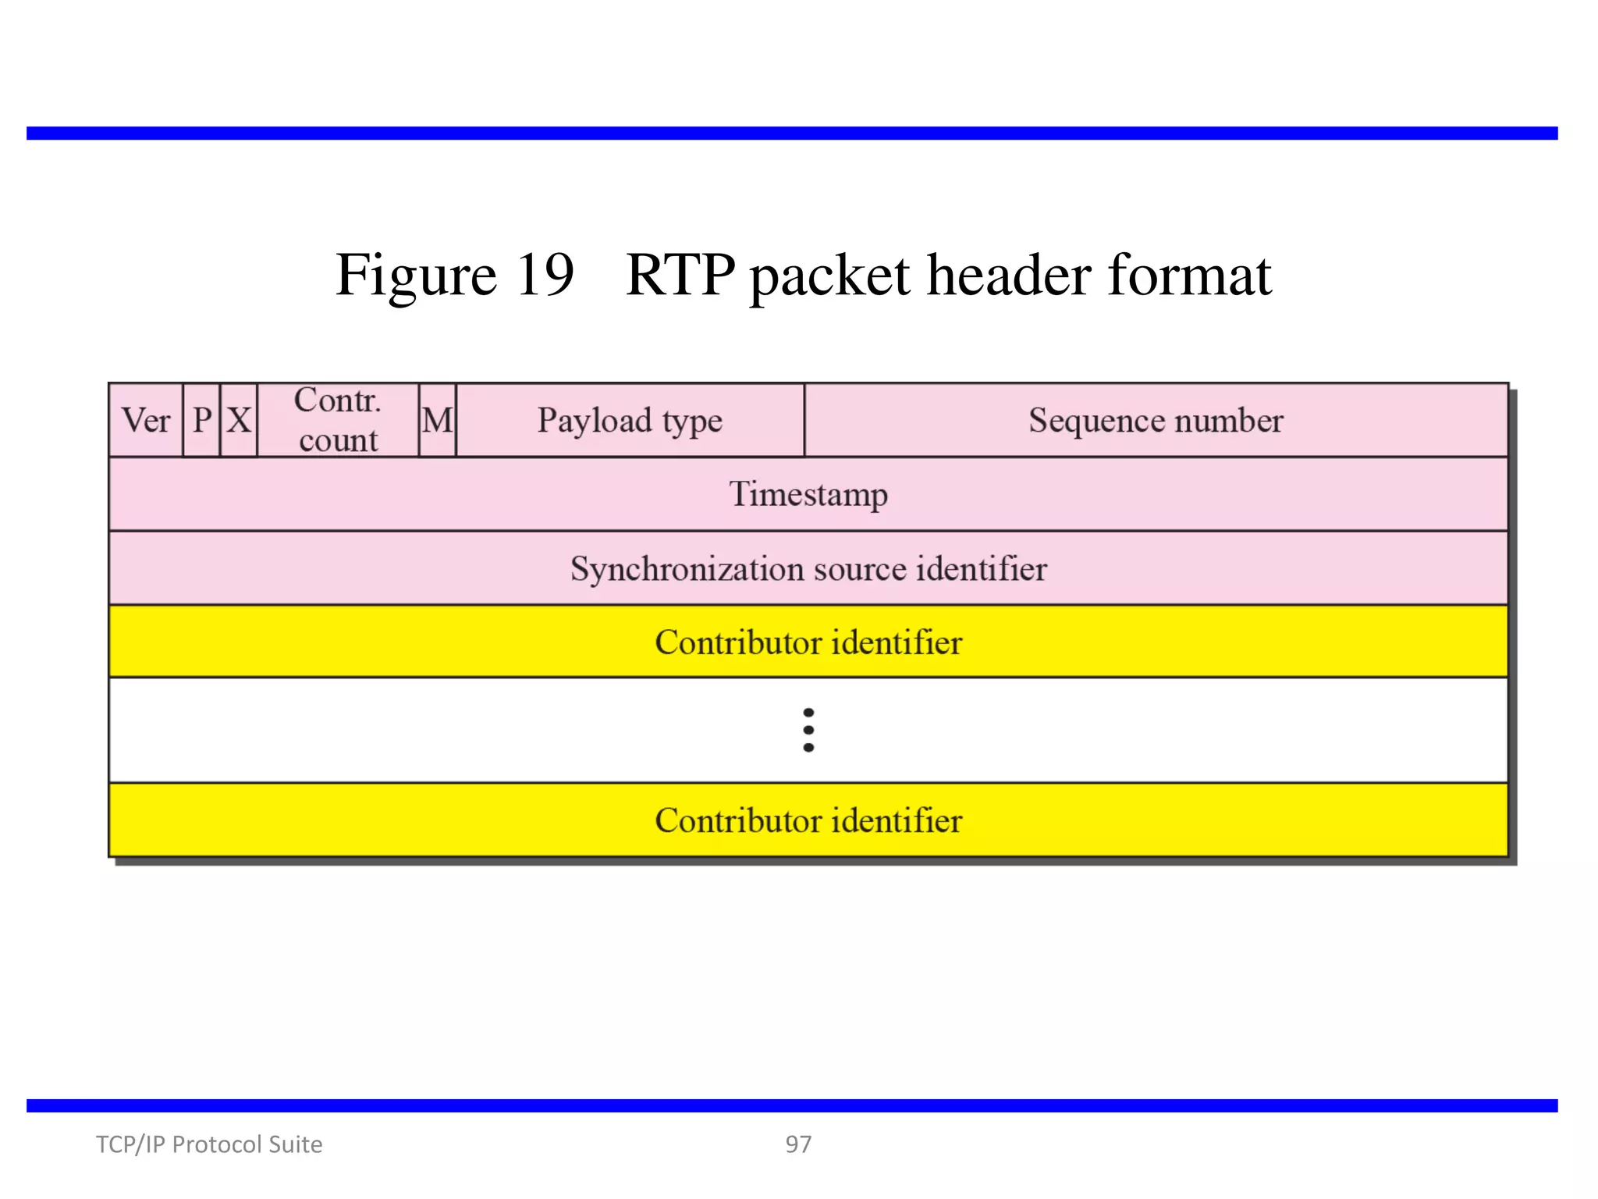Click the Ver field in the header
146,421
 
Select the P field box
202,421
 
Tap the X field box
239,421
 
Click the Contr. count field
338,421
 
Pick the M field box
438,421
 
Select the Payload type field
630,421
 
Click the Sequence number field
1156,421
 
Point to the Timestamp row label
808,494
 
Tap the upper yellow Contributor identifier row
808,642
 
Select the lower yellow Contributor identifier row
808,820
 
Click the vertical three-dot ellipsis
808,730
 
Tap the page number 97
798,1144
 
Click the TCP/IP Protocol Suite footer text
209,1144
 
